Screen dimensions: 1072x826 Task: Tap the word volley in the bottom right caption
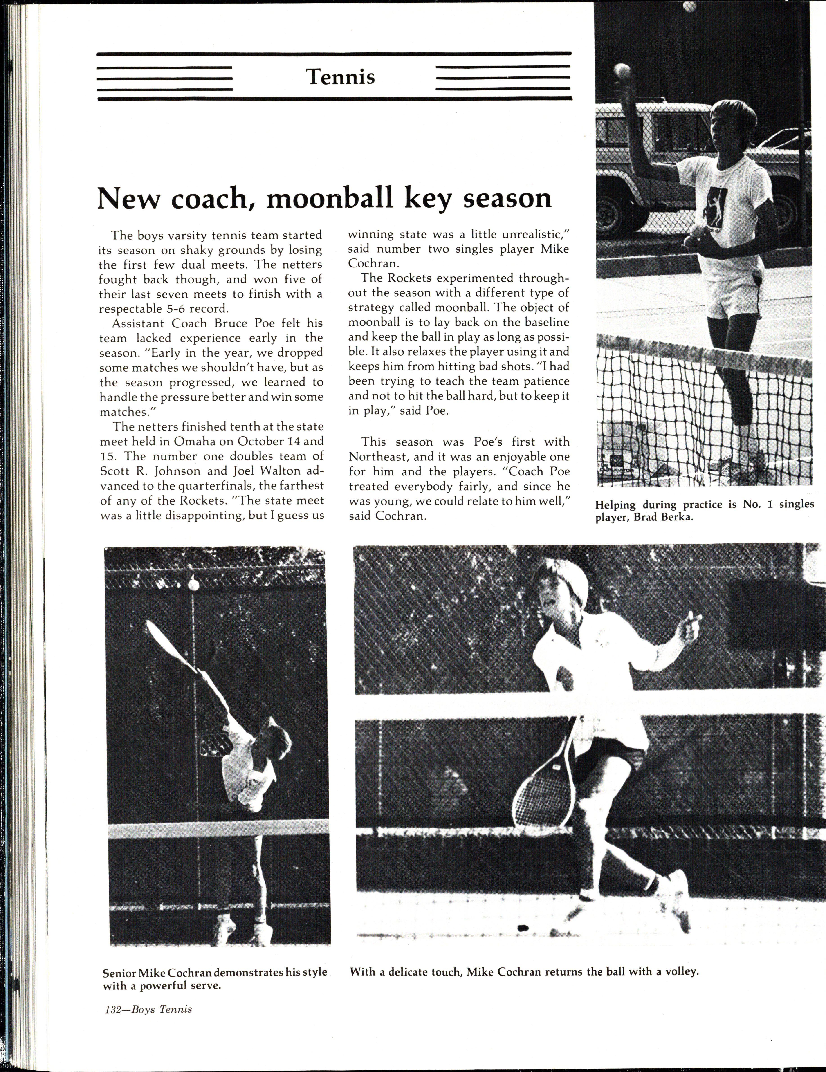point(683,628)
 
